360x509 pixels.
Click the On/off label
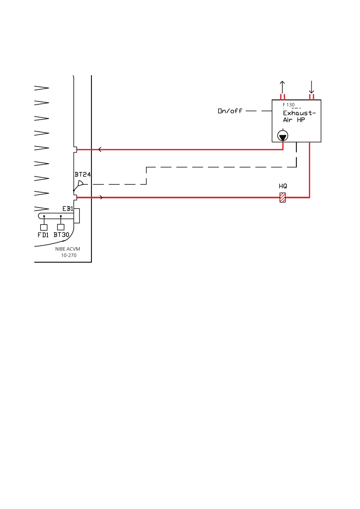(x=230, y=111)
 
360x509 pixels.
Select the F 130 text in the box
(x=289, y=105)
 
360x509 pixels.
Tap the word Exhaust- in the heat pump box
(x=299, y=113)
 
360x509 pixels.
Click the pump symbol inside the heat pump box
(x=283, y=136)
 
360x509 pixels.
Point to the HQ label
(x=283, y=186)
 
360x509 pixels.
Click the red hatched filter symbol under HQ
(x=283, y=197)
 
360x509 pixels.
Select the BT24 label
(x=83, y=174)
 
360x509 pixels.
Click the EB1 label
(x=68, y=209)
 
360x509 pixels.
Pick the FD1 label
(x=43, y=235)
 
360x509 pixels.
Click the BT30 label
(x=61, y=235)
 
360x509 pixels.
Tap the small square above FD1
(x=44, y=227)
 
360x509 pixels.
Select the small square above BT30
(x=61, y=227)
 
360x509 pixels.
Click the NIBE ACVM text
(x=68, y=249)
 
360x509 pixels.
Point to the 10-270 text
(x=69, y=255)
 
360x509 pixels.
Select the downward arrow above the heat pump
(x=311, y=87)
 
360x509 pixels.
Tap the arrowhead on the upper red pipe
(x=100, y=149)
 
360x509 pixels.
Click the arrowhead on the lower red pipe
(x=101, y=197)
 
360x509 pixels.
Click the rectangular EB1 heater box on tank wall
(x=77, y=216)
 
